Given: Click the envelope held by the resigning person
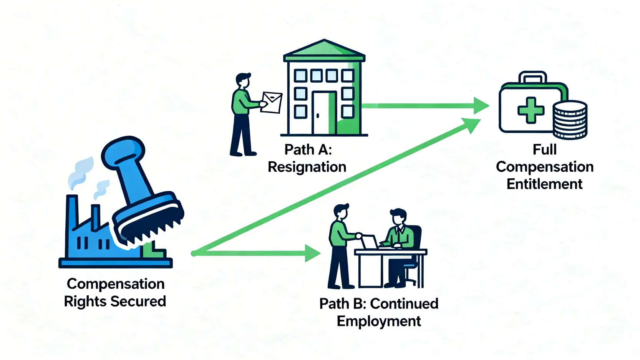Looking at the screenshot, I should click(271, 102).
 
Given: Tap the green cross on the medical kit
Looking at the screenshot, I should click(531, 110).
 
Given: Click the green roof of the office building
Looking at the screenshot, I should click(324, 50).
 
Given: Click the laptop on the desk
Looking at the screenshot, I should click(370, 242).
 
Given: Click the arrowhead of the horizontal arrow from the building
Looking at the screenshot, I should click(481, 106).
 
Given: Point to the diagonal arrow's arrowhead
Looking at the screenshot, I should click(472, 125).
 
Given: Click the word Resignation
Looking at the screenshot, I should click(307, 167).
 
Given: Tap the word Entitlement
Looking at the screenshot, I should click(544, 184).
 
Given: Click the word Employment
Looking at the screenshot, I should click(379, 321).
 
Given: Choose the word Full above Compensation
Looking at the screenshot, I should click(544, 149).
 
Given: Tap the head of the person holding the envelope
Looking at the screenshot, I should click(243, 81).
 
